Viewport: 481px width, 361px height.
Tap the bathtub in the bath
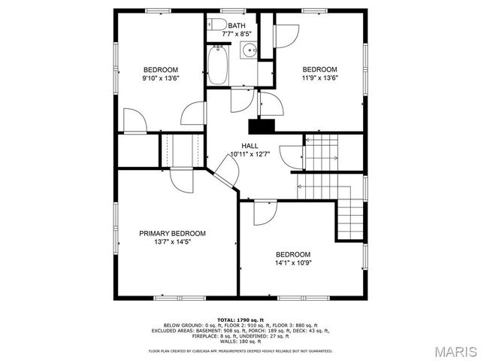[217, 65]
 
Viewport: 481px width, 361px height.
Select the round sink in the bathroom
[249, 50]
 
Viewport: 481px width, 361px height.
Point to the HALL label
[250, 145]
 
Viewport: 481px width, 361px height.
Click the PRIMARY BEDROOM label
[172, 233]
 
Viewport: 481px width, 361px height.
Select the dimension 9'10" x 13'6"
[160, 78]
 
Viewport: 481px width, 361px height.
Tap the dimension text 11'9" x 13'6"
[319, 78]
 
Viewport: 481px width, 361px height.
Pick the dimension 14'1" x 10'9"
[292, 263]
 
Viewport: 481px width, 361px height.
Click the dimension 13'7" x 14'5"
[172, 242]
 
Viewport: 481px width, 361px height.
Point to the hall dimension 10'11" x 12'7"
[250, 154]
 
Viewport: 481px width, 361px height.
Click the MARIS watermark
[452, 350]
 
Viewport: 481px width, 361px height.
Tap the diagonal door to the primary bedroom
[225, 172]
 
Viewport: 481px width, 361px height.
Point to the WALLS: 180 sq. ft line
[240, 343]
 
